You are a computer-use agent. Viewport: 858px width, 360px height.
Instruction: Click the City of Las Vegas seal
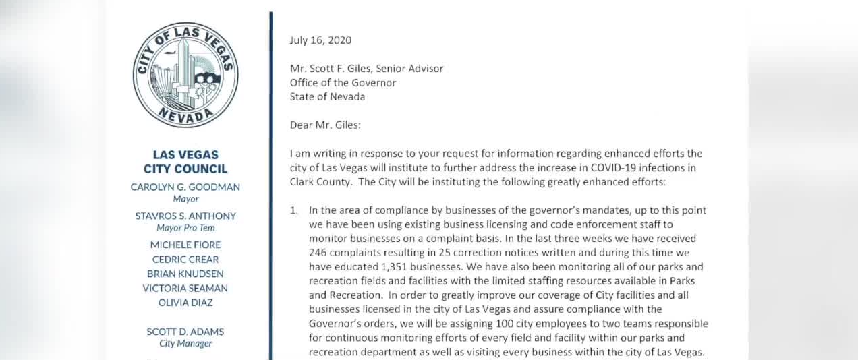pos(185,75)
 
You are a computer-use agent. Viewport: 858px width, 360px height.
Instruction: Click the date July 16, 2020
pos(320,40)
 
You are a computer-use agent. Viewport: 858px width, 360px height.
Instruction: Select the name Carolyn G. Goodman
pos(185,187)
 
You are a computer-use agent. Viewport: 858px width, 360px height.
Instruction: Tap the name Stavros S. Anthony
pos(185,216)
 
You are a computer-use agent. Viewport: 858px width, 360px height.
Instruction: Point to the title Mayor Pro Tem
pos(185,228)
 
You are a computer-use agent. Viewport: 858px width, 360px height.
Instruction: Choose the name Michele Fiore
pos(185,245)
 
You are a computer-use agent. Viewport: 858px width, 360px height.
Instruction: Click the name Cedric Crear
pos(185,259)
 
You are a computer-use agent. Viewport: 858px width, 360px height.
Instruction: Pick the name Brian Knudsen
pos(185,274)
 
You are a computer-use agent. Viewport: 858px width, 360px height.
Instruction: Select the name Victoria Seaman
pos(185,288)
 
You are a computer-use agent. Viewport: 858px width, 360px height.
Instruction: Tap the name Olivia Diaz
pos(185,303)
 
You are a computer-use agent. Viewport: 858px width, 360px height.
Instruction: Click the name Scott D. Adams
pos(185,332)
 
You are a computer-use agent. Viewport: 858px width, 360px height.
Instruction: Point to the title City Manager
pos(185,343)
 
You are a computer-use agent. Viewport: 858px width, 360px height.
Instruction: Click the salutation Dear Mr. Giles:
pos(325,125)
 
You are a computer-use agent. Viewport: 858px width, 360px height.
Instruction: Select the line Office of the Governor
pos(343,83)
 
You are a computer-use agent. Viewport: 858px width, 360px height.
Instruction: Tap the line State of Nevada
pos(327,97)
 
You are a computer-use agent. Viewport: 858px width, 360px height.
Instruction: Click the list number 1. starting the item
pos(294,211)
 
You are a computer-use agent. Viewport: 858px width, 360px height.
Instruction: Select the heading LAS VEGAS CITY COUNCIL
pos(185,162)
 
